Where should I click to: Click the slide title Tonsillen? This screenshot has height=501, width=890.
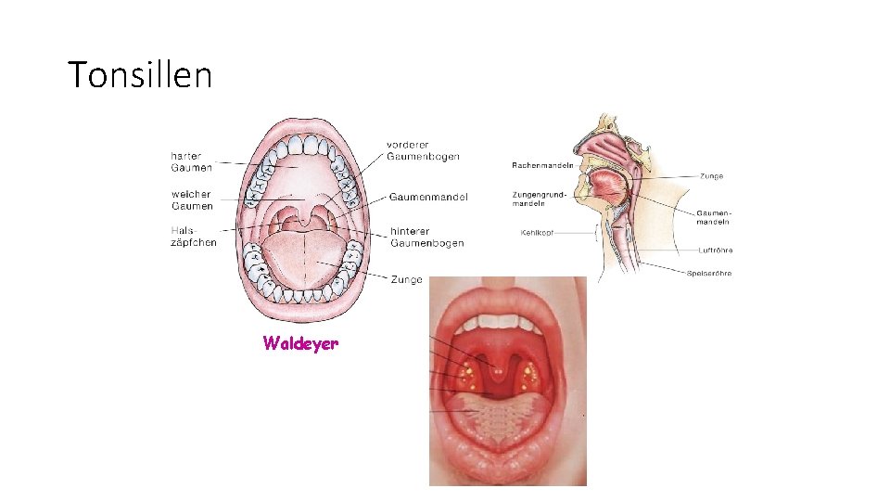pos(140,74)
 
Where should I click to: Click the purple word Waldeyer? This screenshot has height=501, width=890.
pos(300,343)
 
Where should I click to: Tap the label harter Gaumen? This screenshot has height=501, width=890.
pos(192,161)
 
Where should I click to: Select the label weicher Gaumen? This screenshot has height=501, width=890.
pos(192,200)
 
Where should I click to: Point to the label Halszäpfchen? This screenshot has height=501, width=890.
pos(194,237)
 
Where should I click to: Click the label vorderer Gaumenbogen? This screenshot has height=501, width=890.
pos(423,150)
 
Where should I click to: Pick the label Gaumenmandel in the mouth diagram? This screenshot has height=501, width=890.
pos(428,197)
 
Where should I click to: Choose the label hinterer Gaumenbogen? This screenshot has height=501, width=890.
pos(426,238)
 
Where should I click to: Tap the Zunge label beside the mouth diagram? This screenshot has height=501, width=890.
pos(406,279)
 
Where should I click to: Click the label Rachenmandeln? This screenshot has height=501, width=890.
pos(542,165)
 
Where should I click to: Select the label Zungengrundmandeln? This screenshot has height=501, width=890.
pos(536,199)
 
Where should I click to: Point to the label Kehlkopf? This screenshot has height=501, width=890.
pos(538,233)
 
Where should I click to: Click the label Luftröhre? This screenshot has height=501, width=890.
pos(715,250)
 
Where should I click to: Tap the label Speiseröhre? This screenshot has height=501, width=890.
pos(709,274)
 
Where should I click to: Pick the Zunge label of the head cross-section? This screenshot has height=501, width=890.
pos(712,175)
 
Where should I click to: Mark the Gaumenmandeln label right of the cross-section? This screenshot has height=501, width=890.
pos(713,217)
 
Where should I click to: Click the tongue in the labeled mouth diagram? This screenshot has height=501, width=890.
pos(301,260)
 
